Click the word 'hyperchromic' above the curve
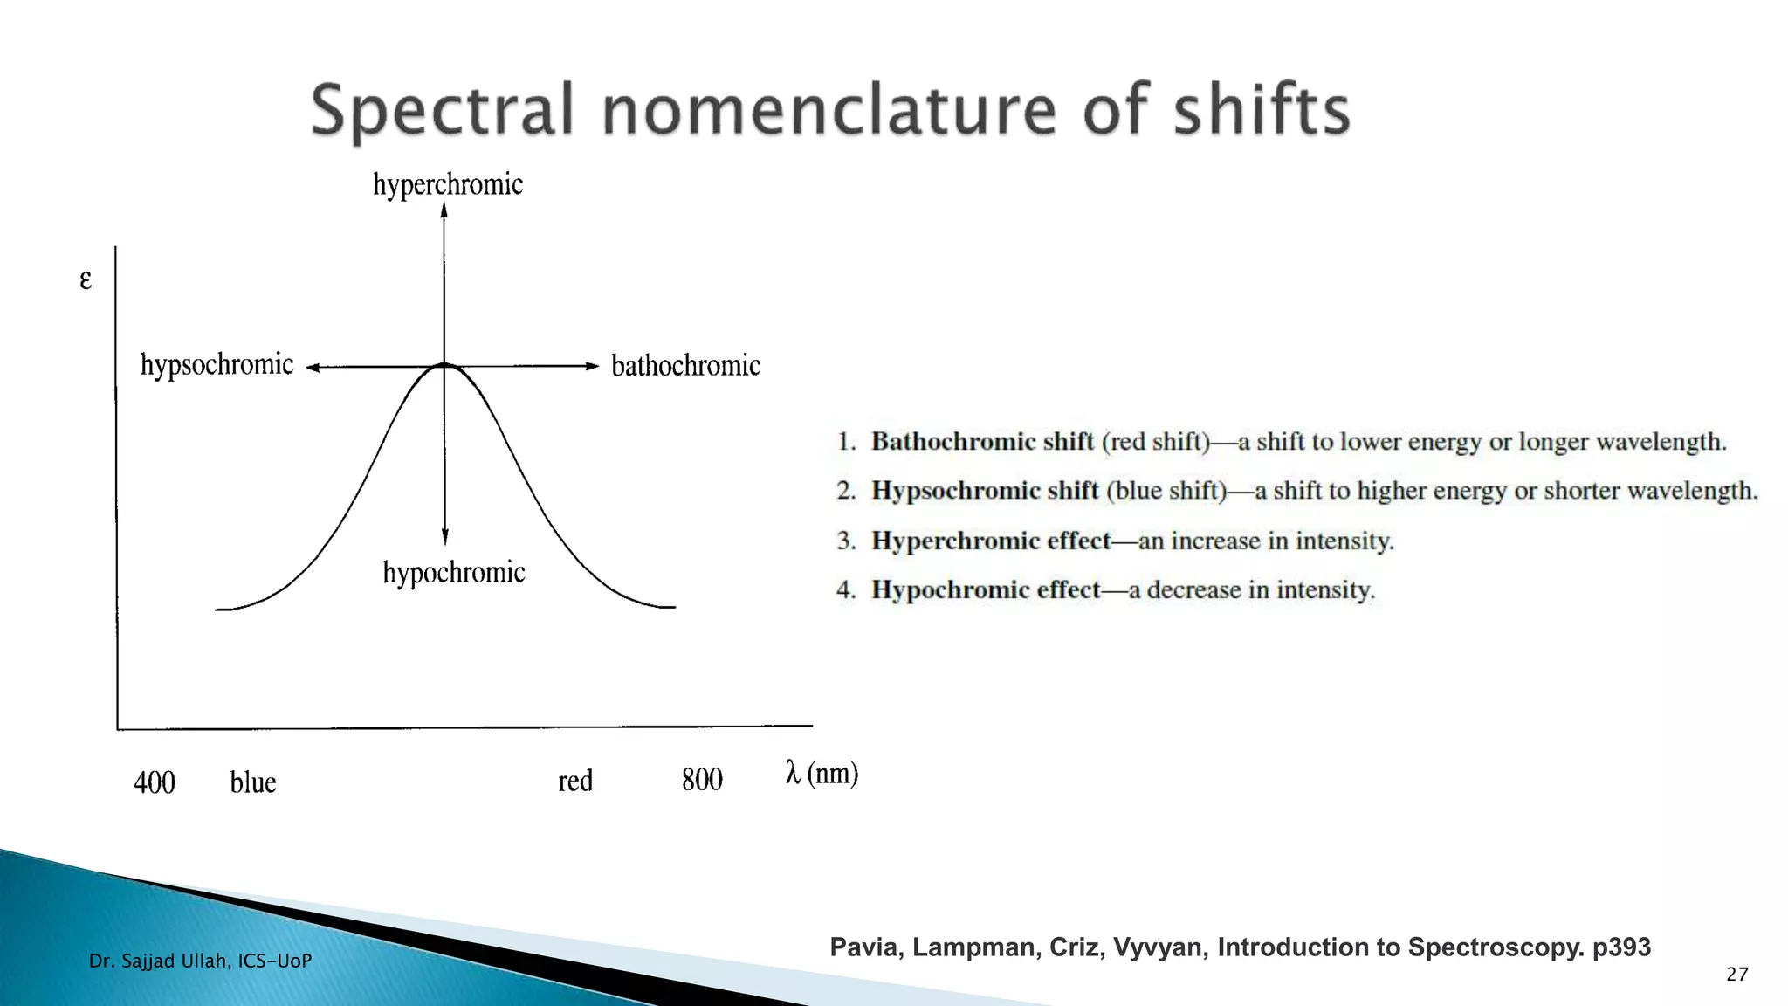(448, 184)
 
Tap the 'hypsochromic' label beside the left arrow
(217, 364)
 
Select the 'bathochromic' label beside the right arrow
(685, 365)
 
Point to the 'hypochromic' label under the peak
(454, 573)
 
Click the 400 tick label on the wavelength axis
(155, 782)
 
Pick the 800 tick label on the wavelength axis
(702, 780)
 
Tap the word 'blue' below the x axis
(253, 782)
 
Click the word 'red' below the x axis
(575, 781)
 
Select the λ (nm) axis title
(822, 774)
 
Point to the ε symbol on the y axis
(86, 279)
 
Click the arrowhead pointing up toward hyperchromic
(444, 210)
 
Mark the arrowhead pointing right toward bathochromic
(592, 366)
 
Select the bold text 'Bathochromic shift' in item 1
(982, 442)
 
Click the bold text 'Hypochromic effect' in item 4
(986, 590)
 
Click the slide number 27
(1736, 975)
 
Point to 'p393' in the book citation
(1621, 947)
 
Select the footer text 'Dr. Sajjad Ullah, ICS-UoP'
(200, 961)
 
